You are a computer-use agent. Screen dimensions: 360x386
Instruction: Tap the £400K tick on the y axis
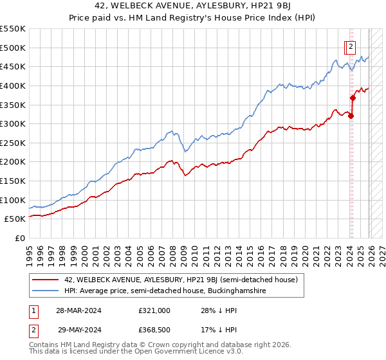[13, 85]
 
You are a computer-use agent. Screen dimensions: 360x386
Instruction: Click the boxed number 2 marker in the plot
[350, 46]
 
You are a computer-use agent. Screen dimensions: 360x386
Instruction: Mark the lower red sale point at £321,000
[351, 116]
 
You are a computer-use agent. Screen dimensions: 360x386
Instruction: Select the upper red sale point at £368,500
[353, 98]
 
